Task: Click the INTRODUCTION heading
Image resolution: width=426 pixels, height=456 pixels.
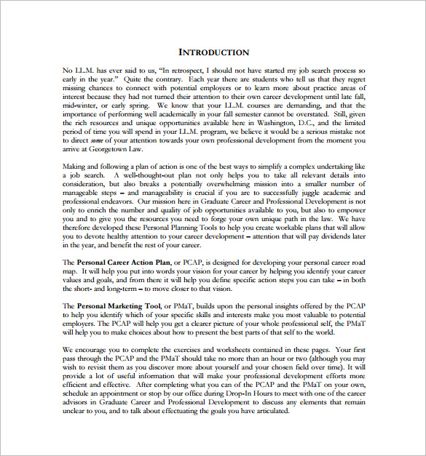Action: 213,52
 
